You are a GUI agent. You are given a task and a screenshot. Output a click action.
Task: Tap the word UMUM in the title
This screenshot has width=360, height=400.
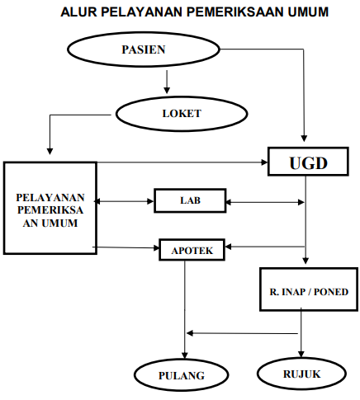tap(308, 12)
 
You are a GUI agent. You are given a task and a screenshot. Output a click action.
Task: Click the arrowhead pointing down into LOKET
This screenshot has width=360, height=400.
tap(167, 90)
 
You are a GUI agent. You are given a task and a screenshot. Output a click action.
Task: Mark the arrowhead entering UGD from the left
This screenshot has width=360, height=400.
tap(264, 162)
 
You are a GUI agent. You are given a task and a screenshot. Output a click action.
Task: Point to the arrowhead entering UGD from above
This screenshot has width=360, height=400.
tap(304, 139)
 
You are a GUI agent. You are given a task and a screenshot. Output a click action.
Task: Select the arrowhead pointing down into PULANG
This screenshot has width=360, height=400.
tap(185, 355)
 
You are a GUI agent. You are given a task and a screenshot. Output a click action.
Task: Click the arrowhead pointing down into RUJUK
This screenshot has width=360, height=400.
tap(301, 354)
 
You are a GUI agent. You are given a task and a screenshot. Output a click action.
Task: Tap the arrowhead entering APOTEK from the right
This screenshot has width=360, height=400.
tap(229, 247)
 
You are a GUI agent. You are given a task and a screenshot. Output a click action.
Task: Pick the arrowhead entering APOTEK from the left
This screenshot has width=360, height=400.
tap(156, 248)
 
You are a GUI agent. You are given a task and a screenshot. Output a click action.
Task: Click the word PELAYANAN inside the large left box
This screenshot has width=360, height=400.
tap(50, 197)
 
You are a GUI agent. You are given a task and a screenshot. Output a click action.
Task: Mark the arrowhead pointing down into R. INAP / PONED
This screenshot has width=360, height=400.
tap(306, 261)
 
